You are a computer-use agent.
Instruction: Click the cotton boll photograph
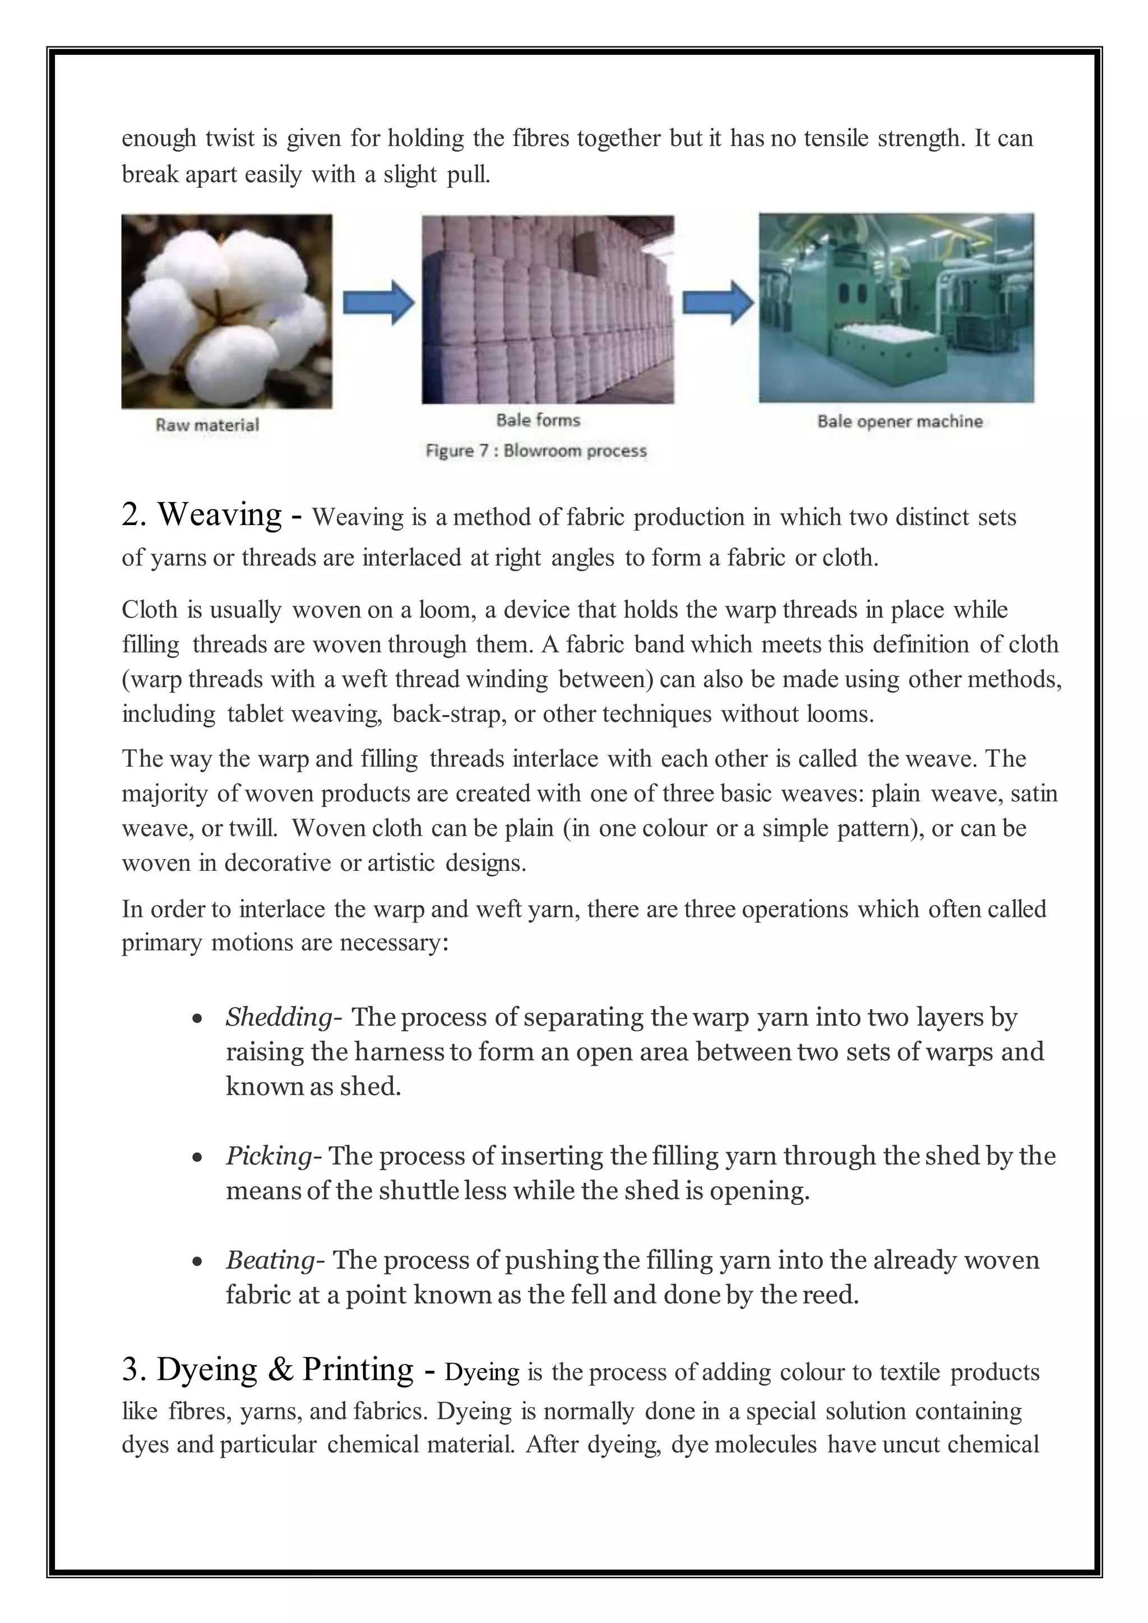[x=226, y=311]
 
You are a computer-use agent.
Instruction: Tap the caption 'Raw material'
[x=207, y=425]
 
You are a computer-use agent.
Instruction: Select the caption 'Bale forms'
[x=538, y=420]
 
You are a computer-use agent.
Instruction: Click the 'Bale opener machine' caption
[x=900, y=421]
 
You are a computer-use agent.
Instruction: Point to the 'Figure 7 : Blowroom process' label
[x=536, y=450]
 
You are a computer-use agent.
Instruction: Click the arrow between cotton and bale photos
[x=378, y=303]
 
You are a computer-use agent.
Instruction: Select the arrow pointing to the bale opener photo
[x=717, y=303]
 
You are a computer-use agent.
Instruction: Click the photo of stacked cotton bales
[x=548, y=309]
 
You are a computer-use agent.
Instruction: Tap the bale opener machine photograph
[x=896, y=308]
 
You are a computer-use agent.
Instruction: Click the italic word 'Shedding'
[x=279, y=1017]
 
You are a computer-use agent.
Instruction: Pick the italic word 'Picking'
[x=269, y=1155]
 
